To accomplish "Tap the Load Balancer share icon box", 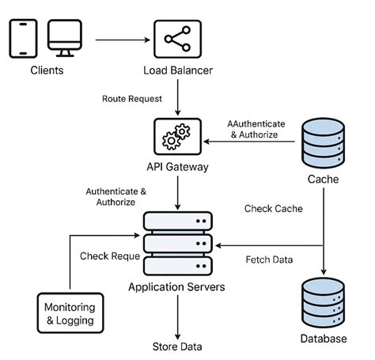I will coord(176,36).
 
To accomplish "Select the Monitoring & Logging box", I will coord(70,313).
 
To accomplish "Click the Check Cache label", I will coord(272,209).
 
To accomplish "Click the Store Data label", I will coord(176,347).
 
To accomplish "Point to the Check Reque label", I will coord(110,256).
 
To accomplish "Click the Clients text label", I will coord(47,70).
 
